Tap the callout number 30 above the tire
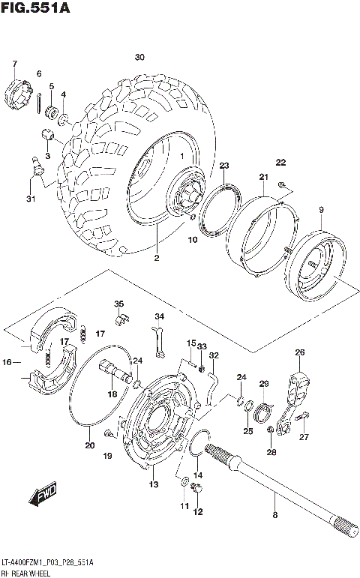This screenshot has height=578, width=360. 139,58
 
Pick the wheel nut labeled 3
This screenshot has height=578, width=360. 48,137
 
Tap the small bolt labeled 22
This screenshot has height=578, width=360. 280,184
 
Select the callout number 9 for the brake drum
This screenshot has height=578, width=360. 320,209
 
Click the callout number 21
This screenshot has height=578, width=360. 263,177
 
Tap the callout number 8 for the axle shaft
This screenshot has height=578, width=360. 274,515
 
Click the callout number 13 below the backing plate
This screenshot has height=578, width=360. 154,484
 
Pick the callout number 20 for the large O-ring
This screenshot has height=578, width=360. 89,445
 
